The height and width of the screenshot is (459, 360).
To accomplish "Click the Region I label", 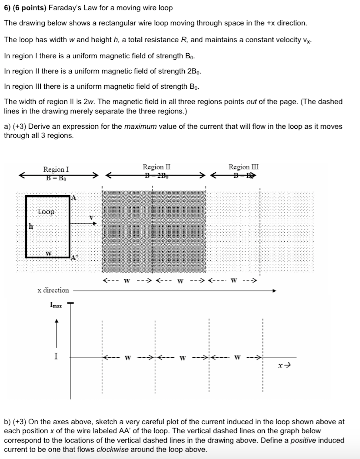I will [56, 169].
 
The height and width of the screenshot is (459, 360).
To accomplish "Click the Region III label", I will [244, 167].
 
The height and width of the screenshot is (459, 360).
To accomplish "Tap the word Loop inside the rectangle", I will [46, 212].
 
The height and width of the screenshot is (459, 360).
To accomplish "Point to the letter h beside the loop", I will [31, 226].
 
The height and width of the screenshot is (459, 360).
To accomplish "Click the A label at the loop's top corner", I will [74, 197].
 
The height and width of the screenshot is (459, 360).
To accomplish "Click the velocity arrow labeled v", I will [84, 224].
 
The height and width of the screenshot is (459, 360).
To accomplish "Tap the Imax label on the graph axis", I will [56, 305].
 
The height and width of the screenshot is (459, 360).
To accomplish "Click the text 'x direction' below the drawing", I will [53, 290].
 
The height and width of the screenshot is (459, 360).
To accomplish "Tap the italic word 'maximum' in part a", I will [140, 126].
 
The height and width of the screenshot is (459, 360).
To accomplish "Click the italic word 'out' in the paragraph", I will [251, 102].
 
